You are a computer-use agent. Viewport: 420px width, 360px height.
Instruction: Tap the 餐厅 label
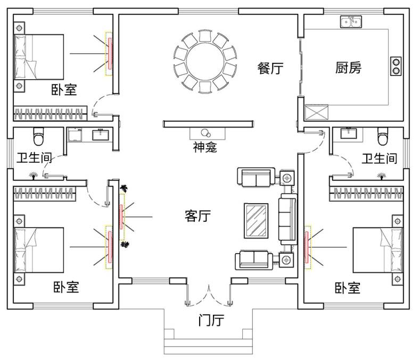pyautogui.click(x=270, y=69)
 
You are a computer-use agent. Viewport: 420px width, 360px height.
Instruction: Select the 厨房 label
pyautogui.click(x=348, y=68)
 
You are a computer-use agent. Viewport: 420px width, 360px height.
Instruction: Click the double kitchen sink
pyautogui.click(x=350, y=22)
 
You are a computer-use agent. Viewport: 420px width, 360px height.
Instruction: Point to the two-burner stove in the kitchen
pyautogui.click(x=396, y=64)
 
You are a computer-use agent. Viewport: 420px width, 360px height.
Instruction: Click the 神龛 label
pyautogui.click(x=204, y=147)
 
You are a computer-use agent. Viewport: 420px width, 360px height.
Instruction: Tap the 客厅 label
pyautogui.click(x=197, y=216)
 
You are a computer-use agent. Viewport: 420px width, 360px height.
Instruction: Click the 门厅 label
pyautogui.click(x=211, y=320)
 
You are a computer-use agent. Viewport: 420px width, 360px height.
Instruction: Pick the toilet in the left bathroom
pyautogui.click(x=38, y=137)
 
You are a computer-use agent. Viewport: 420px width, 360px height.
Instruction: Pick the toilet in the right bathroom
pyautogui.click(x=382, y=137)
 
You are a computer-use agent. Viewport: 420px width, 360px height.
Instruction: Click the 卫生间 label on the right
pyautogui.click(x=379, y=158)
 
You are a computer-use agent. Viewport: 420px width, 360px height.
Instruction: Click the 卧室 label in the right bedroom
pyautogui.click(x=347, y=288)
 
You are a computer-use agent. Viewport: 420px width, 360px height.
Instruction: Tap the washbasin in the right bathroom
pyautogui.click(x=349, y=133)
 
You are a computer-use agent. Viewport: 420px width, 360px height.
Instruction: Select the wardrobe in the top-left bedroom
pyautogui.click(x=50, y=113)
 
